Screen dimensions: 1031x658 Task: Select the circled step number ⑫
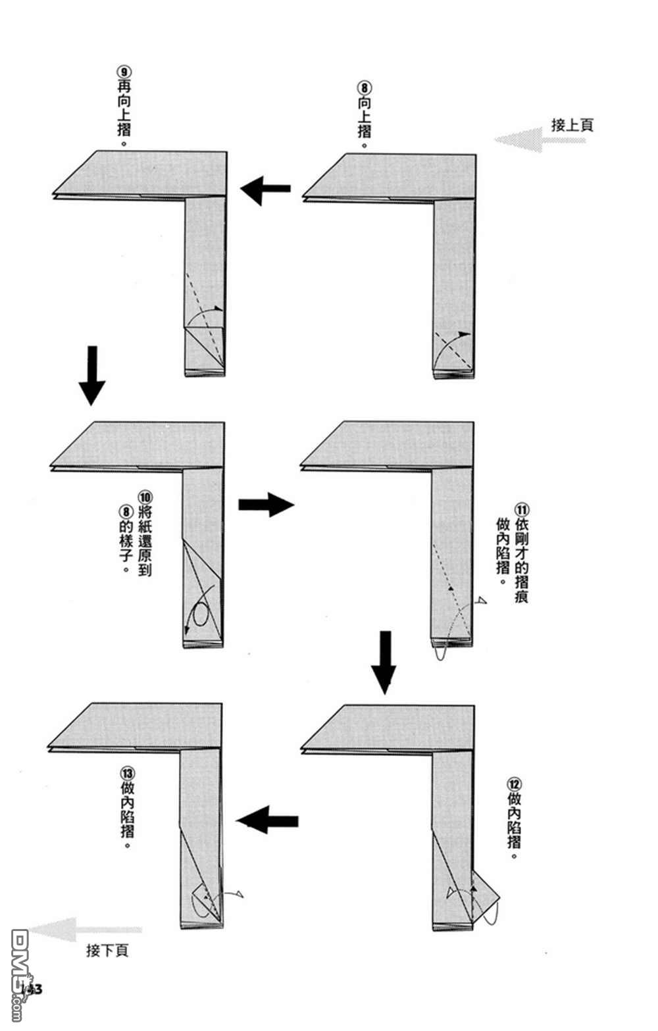[514, 784]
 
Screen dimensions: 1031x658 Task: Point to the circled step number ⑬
[127, 772]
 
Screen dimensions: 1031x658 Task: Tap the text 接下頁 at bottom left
[107, 950]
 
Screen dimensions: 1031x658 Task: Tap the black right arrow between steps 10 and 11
[265, 505]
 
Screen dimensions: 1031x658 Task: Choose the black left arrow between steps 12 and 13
[268, 820]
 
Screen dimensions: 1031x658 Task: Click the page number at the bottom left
[32, 989]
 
